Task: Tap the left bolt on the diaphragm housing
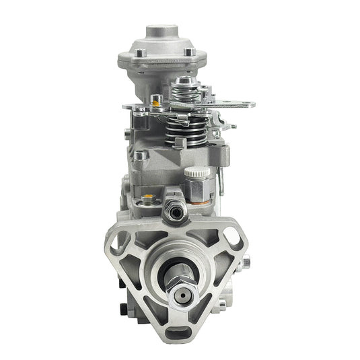pyautogui.click(x=139, y=52)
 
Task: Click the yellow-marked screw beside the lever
pyautogui.click(x=156, y=102)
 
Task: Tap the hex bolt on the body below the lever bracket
pyautogui.click(x=141, y=155)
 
